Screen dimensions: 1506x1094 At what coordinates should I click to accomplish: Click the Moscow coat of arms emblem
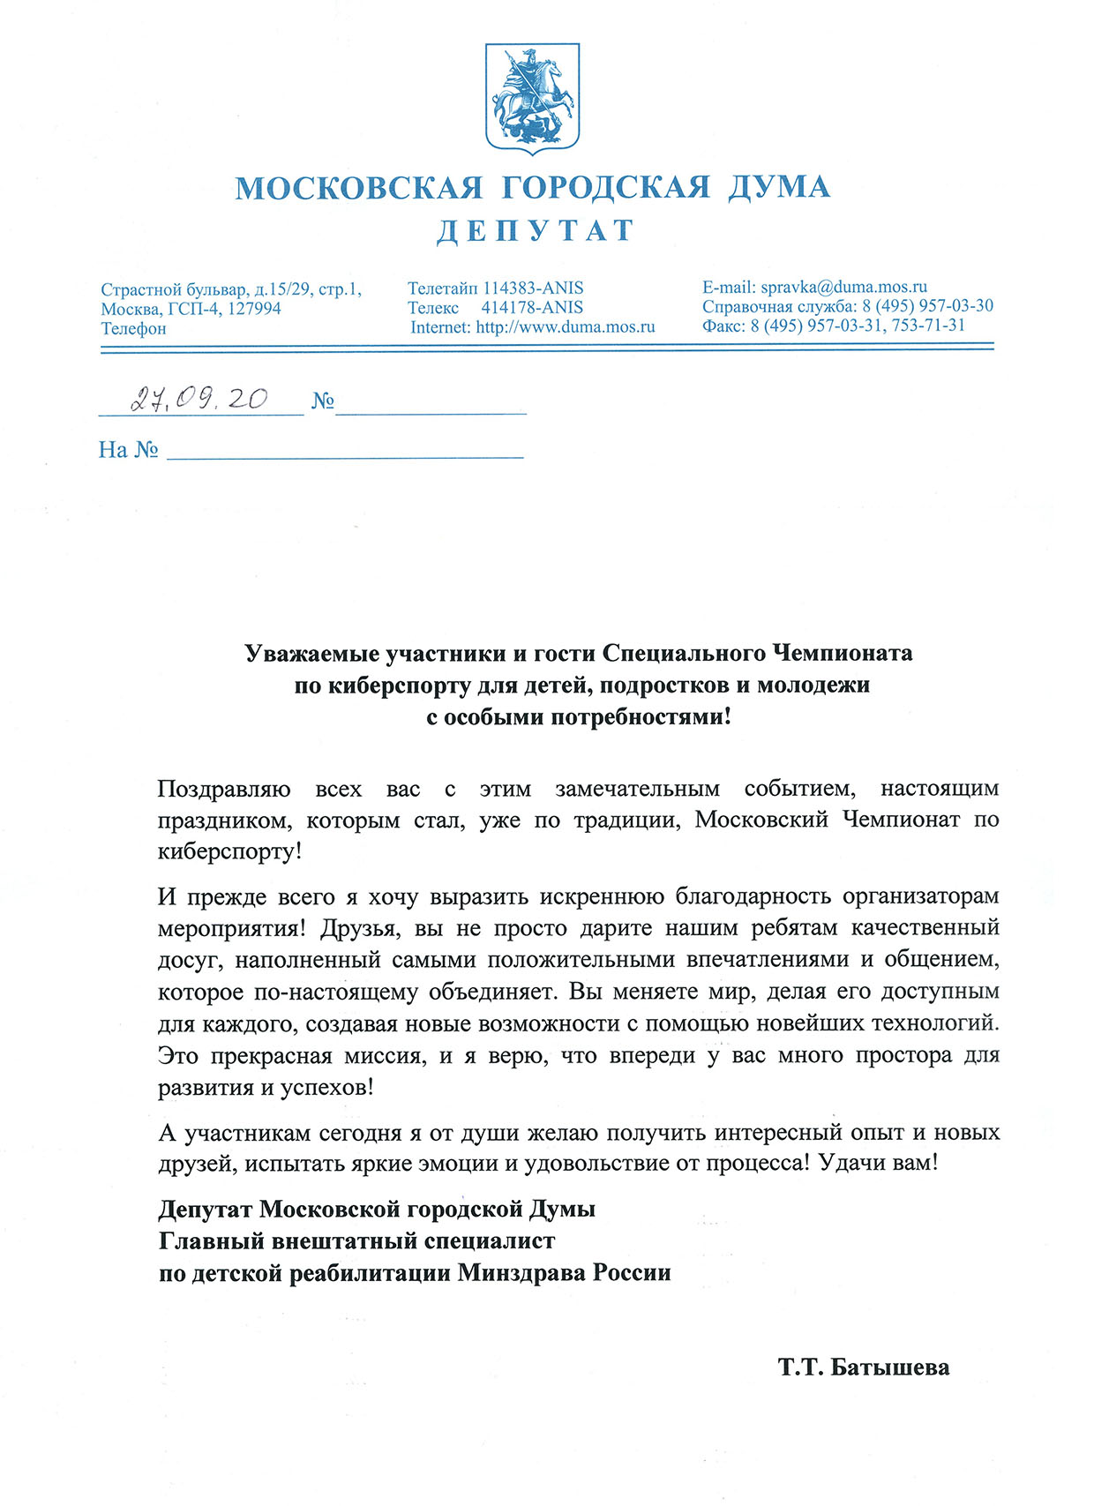pyautogui.click(x=532, y=97)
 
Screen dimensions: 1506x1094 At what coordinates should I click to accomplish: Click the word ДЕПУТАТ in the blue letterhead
pyautogui.click(x=536, y=231)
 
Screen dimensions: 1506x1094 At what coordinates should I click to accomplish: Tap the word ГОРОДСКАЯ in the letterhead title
pyautogui.click(x=605, y=188)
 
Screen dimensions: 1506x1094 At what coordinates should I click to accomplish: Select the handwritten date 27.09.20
pyautogui.click(x=199, y=400)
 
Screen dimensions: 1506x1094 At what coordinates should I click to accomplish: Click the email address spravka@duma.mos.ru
pyautogui.click(x=843, y=287)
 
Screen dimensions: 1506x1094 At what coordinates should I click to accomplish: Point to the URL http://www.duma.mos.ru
pyautogui.click(x=566, y=327)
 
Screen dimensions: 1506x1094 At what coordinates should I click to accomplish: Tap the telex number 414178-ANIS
pyautogui.click(x=532, y=308)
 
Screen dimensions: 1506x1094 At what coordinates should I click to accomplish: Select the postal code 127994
pyautogui.click(x=254, y=309)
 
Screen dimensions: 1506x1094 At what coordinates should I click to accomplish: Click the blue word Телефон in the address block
pyautogui.click(x=133, y=329)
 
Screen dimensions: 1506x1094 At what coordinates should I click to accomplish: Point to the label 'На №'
pyautogui.click(x=128, y=451)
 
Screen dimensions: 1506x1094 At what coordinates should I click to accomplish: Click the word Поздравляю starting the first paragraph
pyautogui.click(x=224, y=789)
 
